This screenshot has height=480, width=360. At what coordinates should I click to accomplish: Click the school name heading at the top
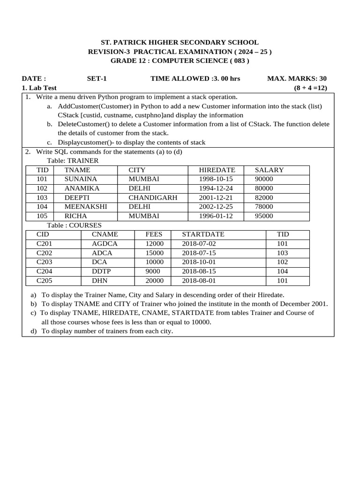[x=180, y=42]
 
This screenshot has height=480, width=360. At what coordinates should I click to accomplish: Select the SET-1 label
[x=97, y=79]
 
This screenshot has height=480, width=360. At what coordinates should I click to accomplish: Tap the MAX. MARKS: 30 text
[x=297, y=79]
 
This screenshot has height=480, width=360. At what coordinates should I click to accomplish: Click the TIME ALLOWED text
[x=195, y=79]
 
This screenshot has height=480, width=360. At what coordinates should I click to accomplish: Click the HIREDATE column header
[x=217, y=170]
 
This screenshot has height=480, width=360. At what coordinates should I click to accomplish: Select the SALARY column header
[x=269, y=170]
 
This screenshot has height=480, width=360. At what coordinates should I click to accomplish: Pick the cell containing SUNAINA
[x=81, y=179]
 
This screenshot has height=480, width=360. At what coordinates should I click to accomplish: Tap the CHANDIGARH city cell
[x=153, y=198]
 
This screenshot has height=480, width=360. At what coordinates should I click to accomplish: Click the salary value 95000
[x=264, y=216]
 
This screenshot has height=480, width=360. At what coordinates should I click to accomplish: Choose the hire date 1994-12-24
[x=216, y=188]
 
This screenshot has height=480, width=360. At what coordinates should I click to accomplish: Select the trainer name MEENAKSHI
[x=86, y=207]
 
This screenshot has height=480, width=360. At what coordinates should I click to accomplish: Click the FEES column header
[x=154, y=234]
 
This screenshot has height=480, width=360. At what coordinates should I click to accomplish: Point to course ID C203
[x=45, y=262]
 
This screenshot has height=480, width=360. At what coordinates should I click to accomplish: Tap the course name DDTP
[x=101, y=271]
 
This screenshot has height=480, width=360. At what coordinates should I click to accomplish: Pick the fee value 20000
[x=155, y=281]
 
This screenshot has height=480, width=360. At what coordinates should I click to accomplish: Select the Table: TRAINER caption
[x=73, y=161]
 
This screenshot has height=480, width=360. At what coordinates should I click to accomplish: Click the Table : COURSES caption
[x=74, y=225]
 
